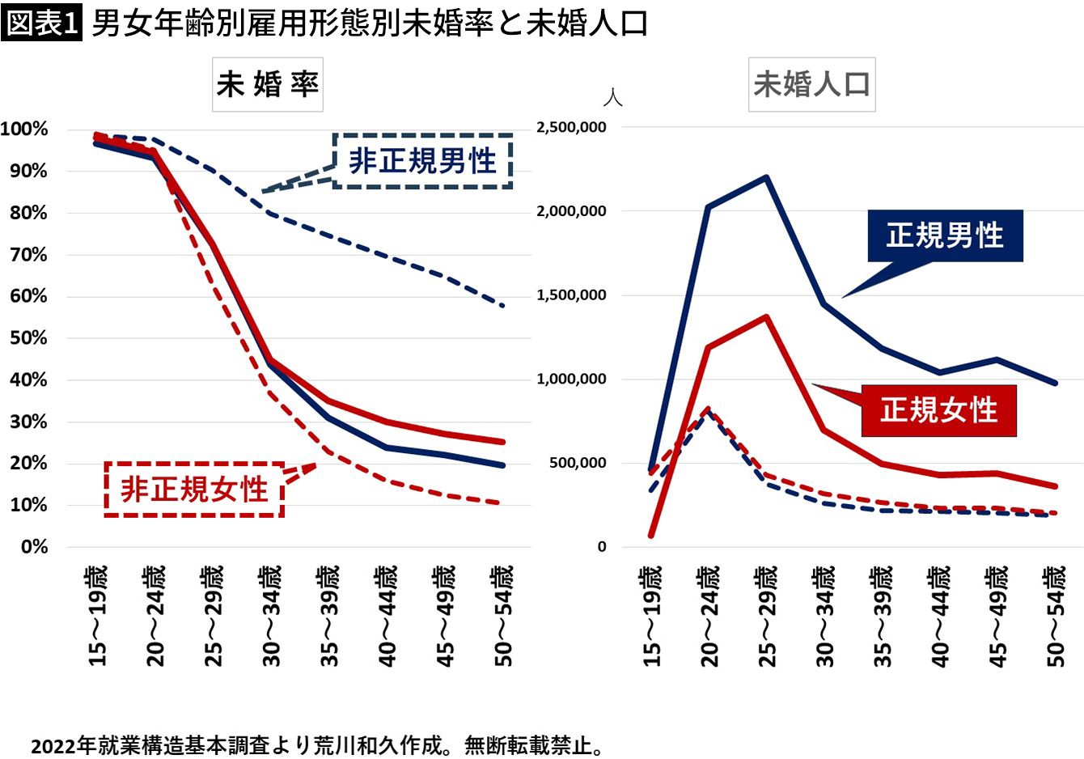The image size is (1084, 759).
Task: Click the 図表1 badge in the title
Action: coord(41,23)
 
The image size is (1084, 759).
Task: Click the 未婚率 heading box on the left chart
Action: coord(268,84)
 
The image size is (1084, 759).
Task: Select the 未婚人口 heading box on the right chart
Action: coord(811,84)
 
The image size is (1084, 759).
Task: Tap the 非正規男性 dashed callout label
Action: coord(422,161)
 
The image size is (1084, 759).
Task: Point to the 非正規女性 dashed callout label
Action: coord(194,489)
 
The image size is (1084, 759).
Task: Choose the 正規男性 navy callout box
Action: coord(945,235)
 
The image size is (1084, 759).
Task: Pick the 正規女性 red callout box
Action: coord(938,410)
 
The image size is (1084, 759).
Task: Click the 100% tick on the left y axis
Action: coord(24,129)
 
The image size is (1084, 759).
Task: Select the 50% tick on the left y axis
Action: coord(28,338)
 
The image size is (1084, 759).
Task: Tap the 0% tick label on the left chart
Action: coord(34,547)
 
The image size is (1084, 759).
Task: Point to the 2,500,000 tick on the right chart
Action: coord(571,128)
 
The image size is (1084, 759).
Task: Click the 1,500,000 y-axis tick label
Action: coord(571,295)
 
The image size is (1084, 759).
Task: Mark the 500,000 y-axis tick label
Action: coord(578,463)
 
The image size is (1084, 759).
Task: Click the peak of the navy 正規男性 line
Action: coord(766,177)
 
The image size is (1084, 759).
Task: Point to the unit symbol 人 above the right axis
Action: coord(612,98)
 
